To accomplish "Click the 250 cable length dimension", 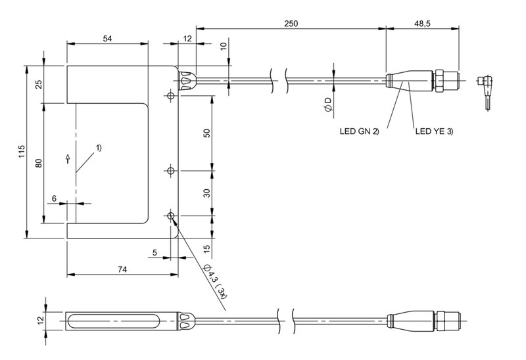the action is point(291,24).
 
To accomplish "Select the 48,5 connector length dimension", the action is point(422,24).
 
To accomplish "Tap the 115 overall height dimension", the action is point(22,152).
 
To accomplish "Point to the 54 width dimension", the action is point(107,39).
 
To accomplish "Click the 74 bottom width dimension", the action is point(122,269).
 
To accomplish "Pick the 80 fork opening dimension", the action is point(39,163).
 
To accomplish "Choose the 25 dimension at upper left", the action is point(39,84).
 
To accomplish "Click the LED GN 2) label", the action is point(359,131).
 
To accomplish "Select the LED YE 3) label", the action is point(434,131).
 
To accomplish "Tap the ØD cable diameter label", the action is point(327,104).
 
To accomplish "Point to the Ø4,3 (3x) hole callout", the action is point(216,282).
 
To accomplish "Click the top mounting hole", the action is point(171,96).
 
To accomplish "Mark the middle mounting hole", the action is point(171,171).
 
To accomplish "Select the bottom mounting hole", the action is point(171,216).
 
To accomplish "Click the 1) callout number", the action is point(98,148).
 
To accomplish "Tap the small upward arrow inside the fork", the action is point(68,158).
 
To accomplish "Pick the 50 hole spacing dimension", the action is point(206,133).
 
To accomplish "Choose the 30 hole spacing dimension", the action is point(206,193).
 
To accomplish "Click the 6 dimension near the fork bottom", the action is point(55,198).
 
